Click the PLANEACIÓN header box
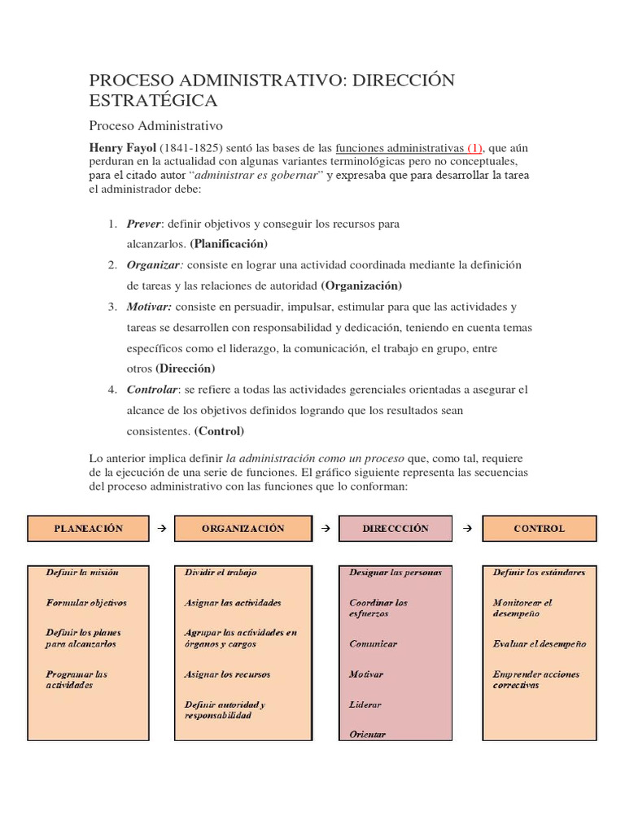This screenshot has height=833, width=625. [89, 528]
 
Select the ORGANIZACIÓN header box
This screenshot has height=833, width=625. [243, 528]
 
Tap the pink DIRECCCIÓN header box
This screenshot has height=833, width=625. [395, 528]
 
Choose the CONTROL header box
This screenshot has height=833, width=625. [539, 528]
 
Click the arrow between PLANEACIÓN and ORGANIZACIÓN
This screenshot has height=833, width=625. [161, 528]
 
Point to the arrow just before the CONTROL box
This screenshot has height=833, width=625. [467, 528]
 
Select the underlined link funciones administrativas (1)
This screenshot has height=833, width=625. [409, 148]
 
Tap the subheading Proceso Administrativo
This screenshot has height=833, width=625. [155, 126]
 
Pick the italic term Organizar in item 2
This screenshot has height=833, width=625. [153, 264]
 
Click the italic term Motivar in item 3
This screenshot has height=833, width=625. [149, 307]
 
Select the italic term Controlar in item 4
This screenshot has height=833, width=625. [151, 390]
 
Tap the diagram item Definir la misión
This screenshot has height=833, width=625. [82, 572]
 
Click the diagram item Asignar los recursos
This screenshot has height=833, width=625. [227, 674]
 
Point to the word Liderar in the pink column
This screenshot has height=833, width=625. [365, 704]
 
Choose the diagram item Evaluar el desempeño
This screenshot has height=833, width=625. [539, 643]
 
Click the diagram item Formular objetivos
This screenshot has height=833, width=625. [86, 603]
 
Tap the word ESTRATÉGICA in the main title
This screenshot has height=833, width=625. [153, 100]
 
